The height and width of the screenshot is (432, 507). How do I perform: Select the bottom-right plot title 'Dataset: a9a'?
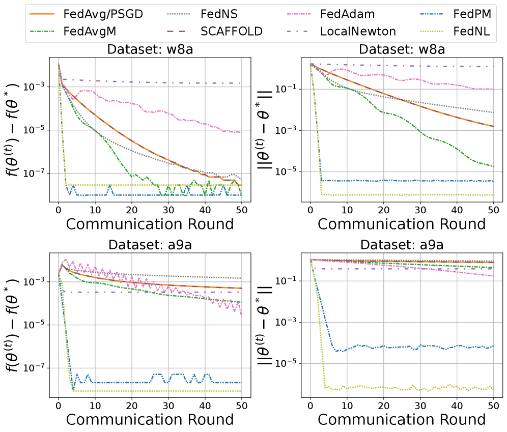point(402,245)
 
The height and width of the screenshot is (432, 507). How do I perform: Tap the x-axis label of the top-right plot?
point(402,224)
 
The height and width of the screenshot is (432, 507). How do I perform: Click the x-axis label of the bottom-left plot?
point(150,419)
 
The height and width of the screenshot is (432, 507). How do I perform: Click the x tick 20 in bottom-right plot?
point(383,404)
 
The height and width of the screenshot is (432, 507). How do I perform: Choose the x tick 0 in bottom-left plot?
point(59,404)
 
